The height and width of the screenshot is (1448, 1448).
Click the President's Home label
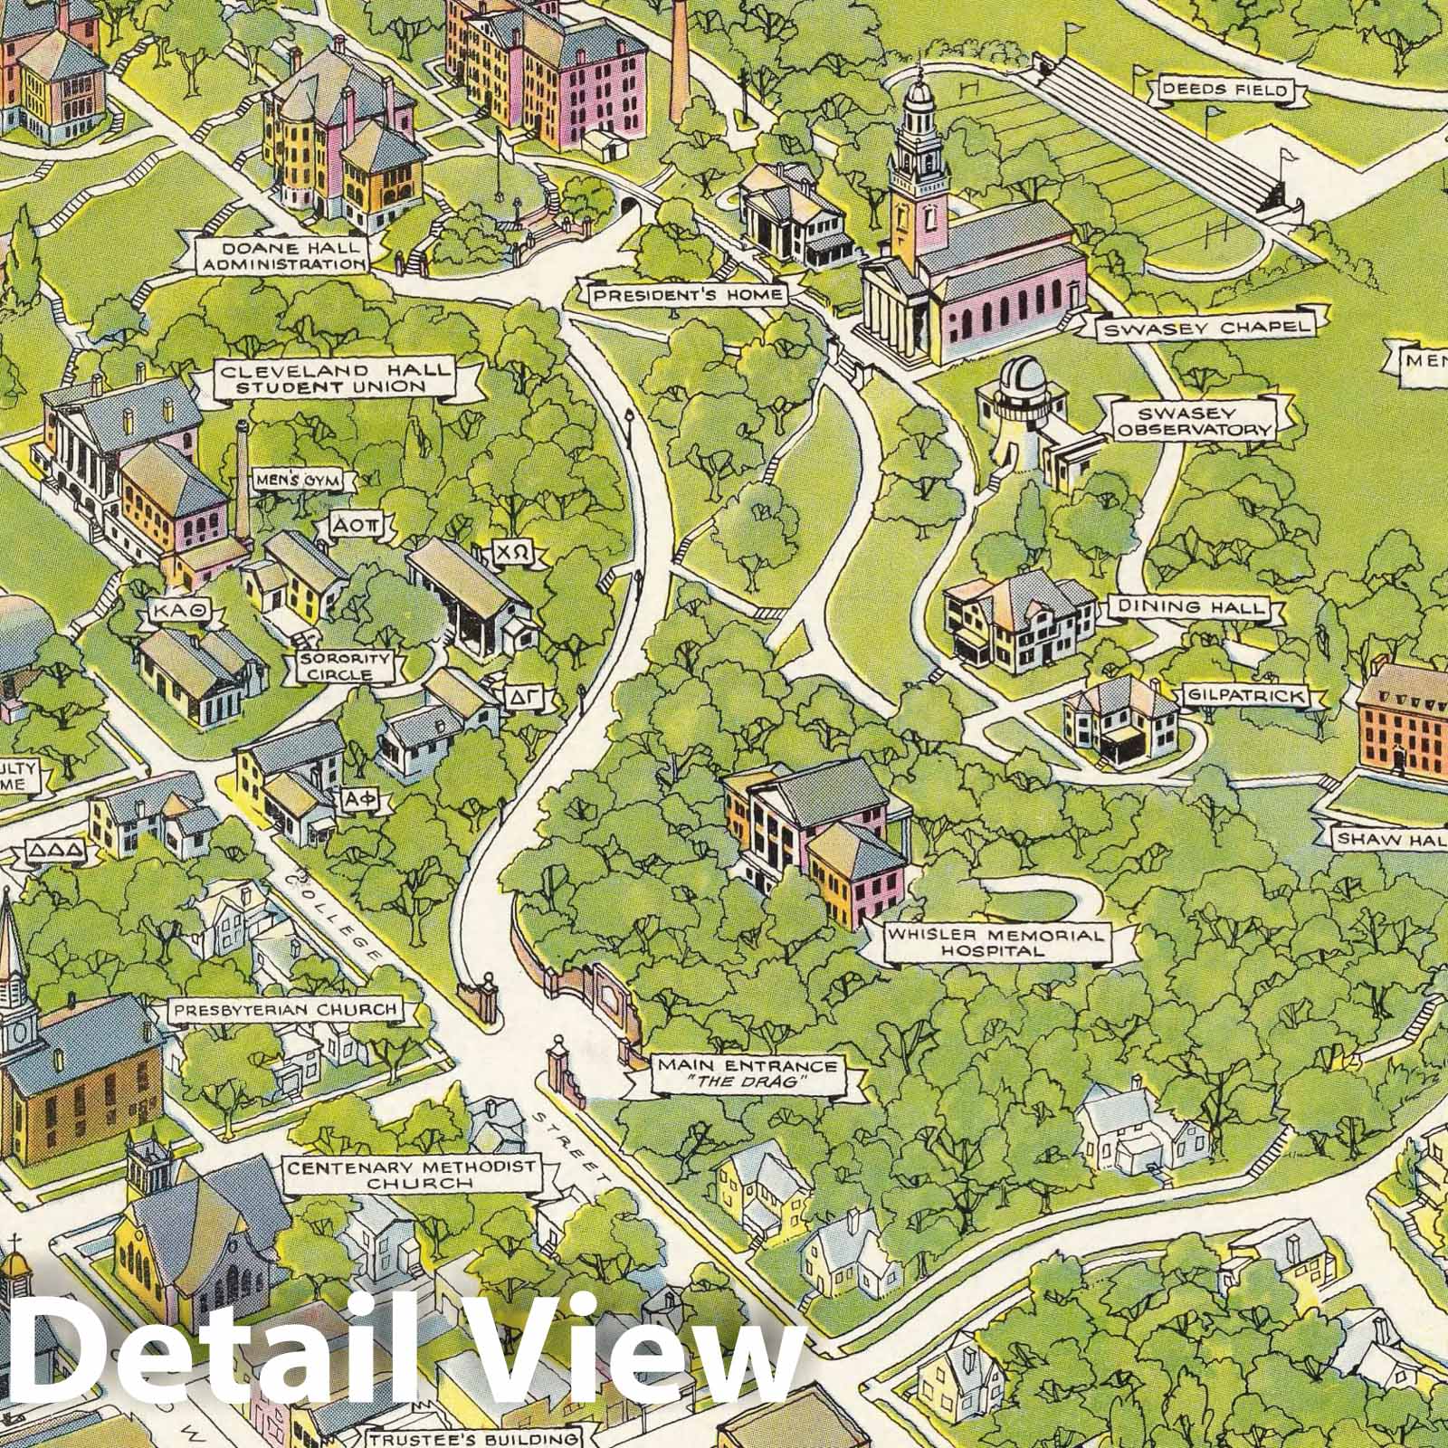coord(689,295)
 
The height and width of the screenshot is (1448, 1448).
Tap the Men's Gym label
coord(301,481)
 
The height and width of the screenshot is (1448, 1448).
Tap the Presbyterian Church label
coord(286,1009)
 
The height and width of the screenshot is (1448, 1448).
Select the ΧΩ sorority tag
coord(506,552)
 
